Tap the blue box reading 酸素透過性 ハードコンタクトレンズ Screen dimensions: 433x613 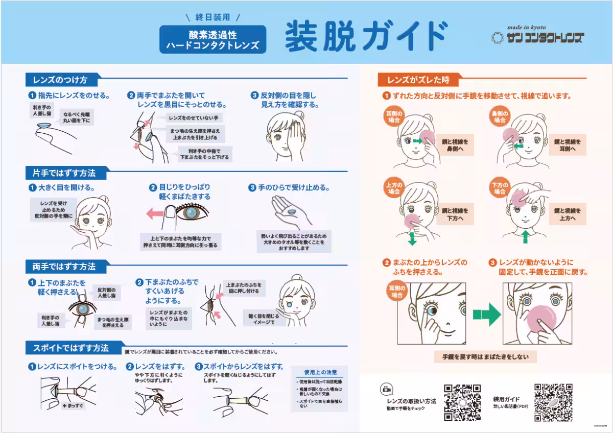tap(213, 40)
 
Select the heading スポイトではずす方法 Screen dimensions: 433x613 tap(71, 348)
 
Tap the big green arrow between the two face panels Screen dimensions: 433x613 tap(486, 314)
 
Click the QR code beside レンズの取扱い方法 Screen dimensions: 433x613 tap(462, 402)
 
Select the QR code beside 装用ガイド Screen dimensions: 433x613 tap(553, 402)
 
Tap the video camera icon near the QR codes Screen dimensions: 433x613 tap(387, 389)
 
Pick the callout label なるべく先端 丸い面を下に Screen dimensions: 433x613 tap(77, 117)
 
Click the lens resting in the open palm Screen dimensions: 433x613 tap(291, 212)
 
